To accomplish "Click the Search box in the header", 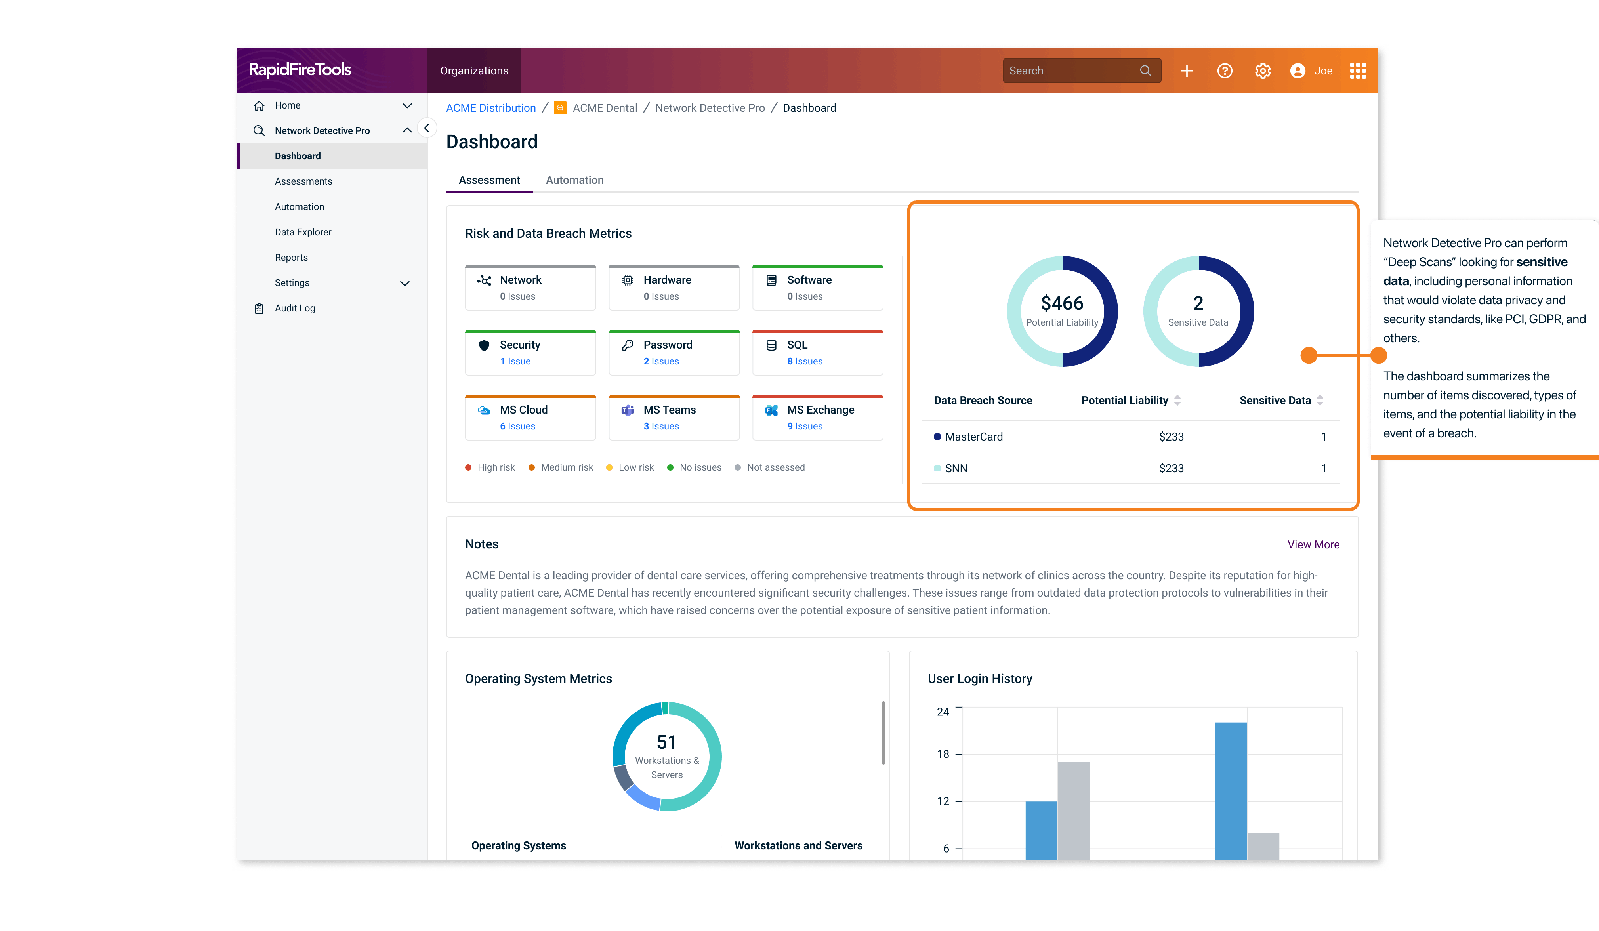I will click(x=1072, y=71).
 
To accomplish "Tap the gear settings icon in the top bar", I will click(x=1263, y=71).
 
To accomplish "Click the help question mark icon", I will click(x=1225, y=71).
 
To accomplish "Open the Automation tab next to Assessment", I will click(x=574, y=180).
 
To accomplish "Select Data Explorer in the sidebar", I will click(x=303, y=232).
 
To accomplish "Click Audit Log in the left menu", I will click(x=294, y=309).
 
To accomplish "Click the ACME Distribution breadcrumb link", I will click(x=490, y=108).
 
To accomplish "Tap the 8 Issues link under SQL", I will click(x=805, y=361).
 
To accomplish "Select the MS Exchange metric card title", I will click(x=820, y=410).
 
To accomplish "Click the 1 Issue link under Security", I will click(x=515, y=361).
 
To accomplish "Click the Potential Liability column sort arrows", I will click(x=1177, y=401).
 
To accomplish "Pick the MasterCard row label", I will click(x=973, y=437).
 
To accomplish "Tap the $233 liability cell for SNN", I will click(x=1171, y=468).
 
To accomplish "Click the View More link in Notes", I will click(x=1313, y=544).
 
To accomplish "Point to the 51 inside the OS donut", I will click(x=666, y=742).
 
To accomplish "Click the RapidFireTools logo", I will click(x=300, y=69).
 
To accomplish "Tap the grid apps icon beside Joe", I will click(x=1358, y=71).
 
